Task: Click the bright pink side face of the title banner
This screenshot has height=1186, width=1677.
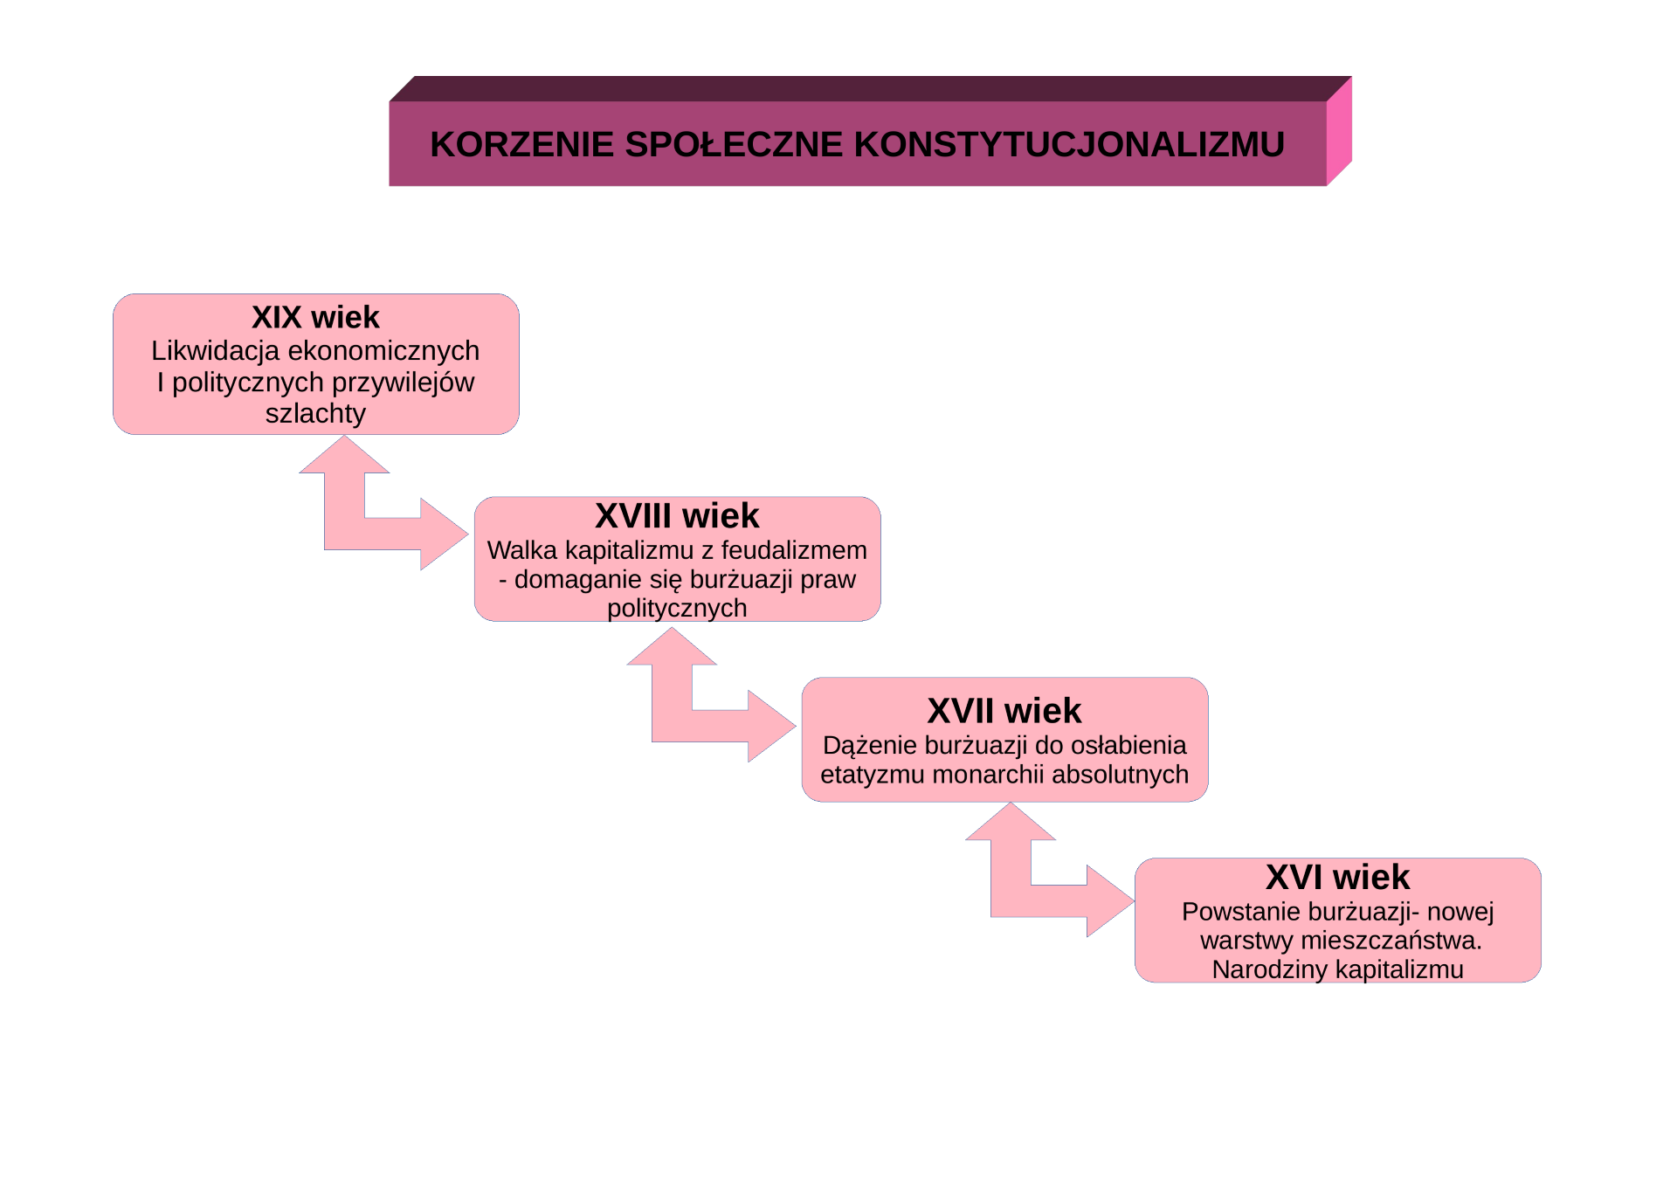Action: pyautogui.click(x=1339, y=131)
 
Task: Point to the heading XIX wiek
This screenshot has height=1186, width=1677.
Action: pyautogui.click(x=315, y=317)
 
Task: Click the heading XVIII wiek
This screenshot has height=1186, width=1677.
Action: pyautogui.click(x=677, y=516)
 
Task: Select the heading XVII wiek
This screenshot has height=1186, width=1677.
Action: pyautogui.click(x=1004, y=711)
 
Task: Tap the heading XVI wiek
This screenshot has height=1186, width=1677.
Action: pyautogui.click(x=1337, y=877)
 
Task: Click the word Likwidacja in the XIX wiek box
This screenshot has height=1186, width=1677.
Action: pyautogui.click(x=216, y=351)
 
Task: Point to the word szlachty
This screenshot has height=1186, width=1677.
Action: pyautogui.click(x=315, y=413)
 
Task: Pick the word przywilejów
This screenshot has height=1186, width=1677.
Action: pyautogui.click(x=403, y=383)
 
